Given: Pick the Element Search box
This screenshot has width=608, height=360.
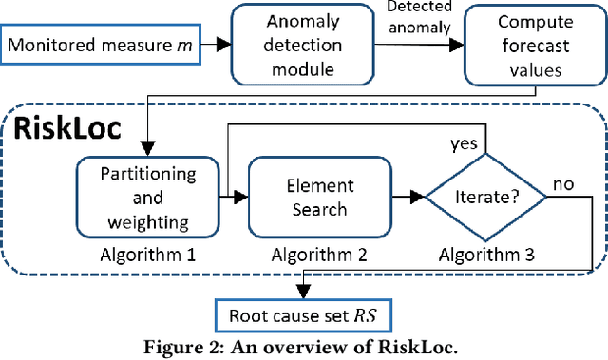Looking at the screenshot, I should coord(309,198).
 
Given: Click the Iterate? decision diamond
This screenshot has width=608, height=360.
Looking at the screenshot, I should coord(484,198).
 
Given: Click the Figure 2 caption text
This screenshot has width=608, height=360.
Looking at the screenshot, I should coord(303,346).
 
